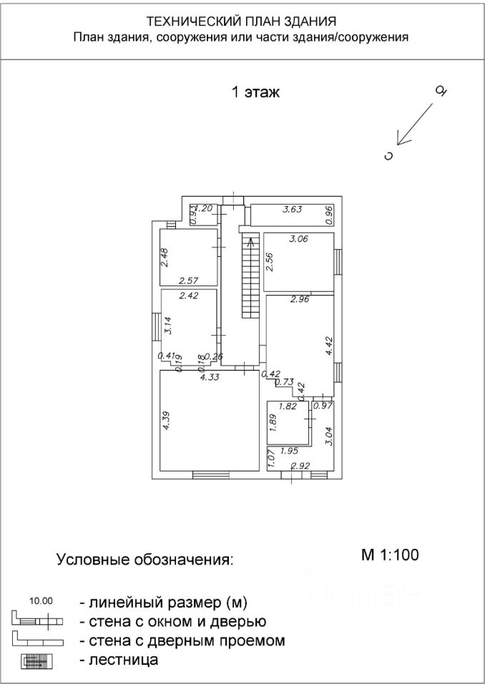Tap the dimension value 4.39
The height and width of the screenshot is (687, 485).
pyautogui.click(x=166, y=419)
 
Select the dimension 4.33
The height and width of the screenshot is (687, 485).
pyautogui.click(x=209, y=377)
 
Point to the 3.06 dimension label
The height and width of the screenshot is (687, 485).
pyautogui.click(x=297, y=240)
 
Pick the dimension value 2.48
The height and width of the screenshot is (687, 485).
pyautogui.click(x=165, y=257)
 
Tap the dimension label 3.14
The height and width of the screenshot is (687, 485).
pyautogui.click(x=167, y=326)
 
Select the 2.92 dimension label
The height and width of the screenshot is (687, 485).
pyautogui.click(x=300, y=466)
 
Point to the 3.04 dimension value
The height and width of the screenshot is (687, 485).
pyautogui.click(x=328, y=436)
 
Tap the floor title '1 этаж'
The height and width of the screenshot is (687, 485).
pyautogui.click(x=255, y=92)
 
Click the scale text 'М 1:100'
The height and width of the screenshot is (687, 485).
pyautogui.click(x=389, y=553)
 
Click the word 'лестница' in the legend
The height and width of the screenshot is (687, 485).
pyautogui.click(x=119, y=660)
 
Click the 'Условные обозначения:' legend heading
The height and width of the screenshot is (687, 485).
pyautogui.click(x=144, y=559)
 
